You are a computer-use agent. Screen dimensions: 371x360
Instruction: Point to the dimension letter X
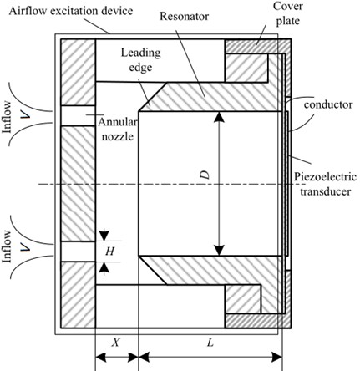[116, 343]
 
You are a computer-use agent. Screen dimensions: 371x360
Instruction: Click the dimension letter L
[210, 343]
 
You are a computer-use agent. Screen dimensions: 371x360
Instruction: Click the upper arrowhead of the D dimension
[220, 117]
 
